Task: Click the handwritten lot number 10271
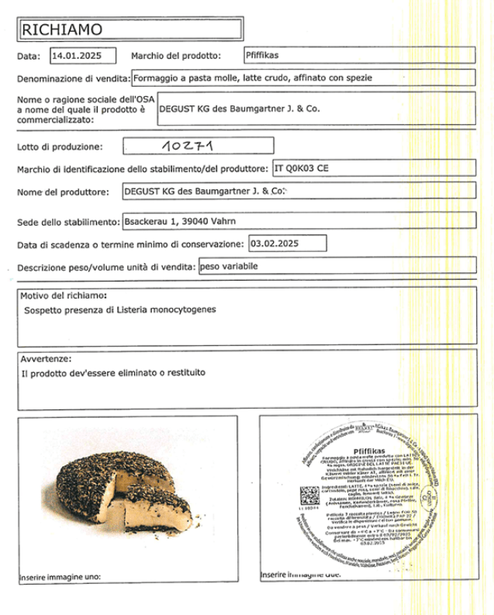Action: pos(187,145)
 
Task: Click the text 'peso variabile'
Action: pos(229,266)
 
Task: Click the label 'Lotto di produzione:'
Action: pos(59,147)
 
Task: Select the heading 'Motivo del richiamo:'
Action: pos(64,295)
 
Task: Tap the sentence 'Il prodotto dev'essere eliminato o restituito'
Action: pos(114,373)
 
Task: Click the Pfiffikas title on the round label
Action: pos(368,451)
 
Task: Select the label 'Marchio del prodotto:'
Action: pos(176,56)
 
